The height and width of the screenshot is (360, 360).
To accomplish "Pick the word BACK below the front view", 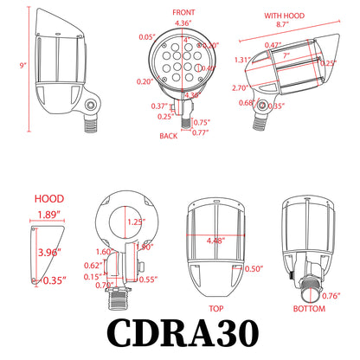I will tap(170, 137).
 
